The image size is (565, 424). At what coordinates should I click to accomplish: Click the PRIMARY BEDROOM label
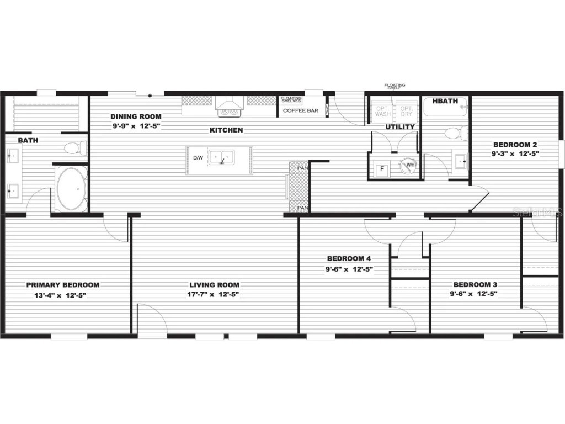tap(63, 285)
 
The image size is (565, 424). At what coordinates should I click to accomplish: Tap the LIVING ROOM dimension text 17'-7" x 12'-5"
tap(214, 294)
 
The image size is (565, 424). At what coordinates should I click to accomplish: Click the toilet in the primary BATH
tap(74, 148)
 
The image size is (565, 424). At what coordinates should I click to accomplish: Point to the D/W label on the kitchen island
tap(198, 158)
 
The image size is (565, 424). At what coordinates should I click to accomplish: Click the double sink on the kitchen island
tap(221, 157)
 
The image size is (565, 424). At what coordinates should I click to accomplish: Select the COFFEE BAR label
tap(300, 110)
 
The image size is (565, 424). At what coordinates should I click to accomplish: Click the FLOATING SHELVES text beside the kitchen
tap(291, 99)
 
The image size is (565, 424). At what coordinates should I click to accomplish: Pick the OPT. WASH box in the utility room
tap(383, 111)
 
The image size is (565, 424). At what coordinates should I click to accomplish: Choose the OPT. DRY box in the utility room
tap(406, 111)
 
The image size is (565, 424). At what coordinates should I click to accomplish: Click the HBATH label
tap(445, 101)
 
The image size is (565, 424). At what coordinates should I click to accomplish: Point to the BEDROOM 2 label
tap(515, 145)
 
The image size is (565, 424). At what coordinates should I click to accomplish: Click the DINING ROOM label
tap(136, 116)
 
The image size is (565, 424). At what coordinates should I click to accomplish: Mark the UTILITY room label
tap(400, 127)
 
